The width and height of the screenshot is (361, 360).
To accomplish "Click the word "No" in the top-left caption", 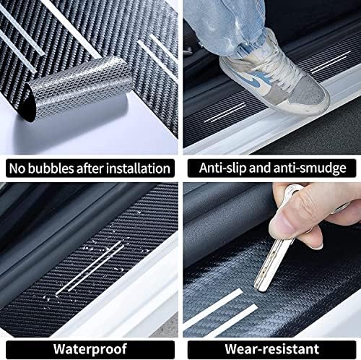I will tap(16, 168).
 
